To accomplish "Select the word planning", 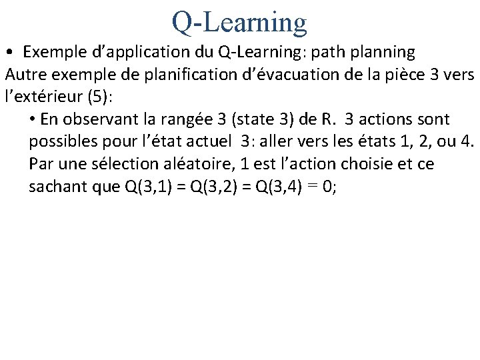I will point(387,52).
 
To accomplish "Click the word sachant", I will point(57,187).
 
